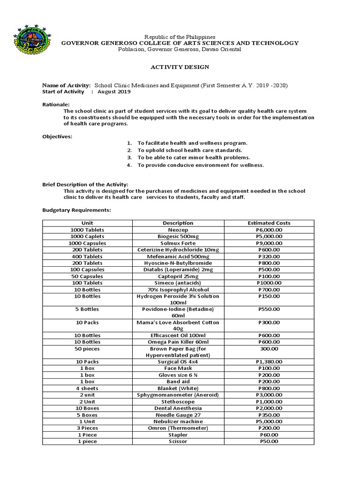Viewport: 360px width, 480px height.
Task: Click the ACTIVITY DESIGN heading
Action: click(180, 67)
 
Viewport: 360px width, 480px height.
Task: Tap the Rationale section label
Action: click(56, 104)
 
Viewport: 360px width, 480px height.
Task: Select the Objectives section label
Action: click(58, 136)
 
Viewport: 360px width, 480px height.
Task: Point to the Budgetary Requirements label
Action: click(77, 210)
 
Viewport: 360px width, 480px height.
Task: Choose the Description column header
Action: click(178, 223)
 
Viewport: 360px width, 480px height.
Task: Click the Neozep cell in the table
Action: click(178, 230)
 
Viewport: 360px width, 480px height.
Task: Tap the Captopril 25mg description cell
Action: click(178, 277)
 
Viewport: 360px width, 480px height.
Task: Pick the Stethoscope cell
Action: click(178, 402)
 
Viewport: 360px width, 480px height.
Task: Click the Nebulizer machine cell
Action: click(178, 422)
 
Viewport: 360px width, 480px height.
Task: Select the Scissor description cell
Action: click(178, 442)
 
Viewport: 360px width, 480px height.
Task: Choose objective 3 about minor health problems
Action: click(193, 157)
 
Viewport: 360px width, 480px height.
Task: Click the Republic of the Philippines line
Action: click(180, 37)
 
